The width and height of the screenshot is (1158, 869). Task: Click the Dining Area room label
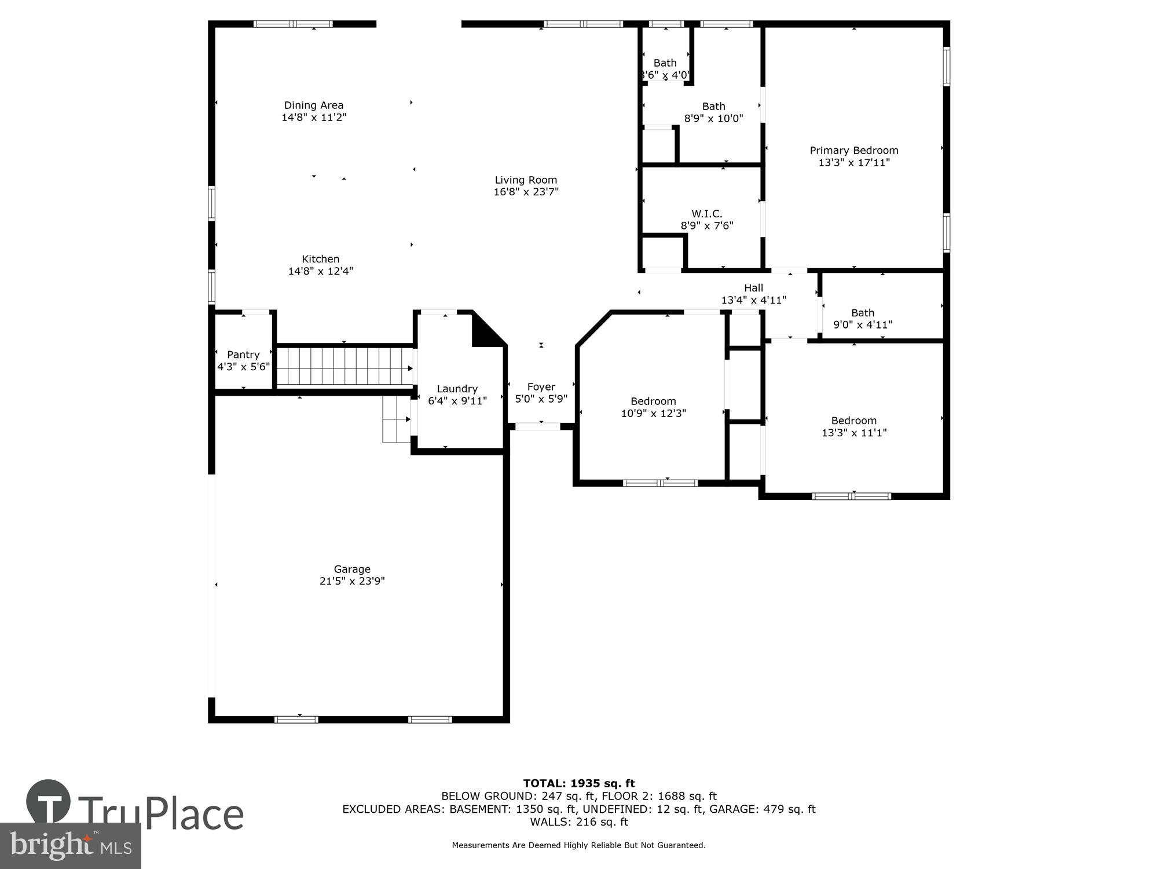click(x=313, y=105)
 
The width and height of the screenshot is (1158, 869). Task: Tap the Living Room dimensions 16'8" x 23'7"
click(x=526, y=192)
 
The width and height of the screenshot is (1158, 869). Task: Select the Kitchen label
click(x=320, y=259)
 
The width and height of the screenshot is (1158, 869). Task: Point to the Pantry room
click(x=243, y=360)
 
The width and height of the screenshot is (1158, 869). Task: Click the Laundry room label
click(x=457, y=389)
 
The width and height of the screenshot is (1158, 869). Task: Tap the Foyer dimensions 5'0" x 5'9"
click(x=541, y=399)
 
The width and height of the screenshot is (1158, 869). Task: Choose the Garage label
click(x=351, y=569)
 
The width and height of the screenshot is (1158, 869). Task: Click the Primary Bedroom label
click(x=853, y=151)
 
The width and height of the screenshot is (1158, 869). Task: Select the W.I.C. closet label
click(x=706, y=214)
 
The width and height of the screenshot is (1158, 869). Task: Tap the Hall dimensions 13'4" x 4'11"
click(x=753, y=300)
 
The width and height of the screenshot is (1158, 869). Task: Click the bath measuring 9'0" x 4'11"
click(x=862, y=319)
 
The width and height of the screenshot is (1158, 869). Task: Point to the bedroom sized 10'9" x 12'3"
click(x=653, y=407)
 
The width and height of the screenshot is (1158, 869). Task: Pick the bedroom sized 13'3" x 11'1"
click(x=853, y=426)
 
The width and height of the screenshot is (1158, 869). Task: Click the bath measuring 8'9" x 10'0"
click(x=713, y=112)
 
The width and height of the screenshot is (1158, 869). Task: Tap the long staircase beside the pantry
click(x=345, y=366)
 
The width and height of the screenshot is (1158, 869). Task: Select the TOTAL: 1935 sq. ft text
click(x=578, y=784)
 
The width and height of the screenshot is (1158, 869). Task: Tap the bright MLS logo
click(x=71, y=846)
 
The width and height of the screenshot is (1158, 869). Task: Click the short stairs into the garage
click(x=396, y=420)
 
